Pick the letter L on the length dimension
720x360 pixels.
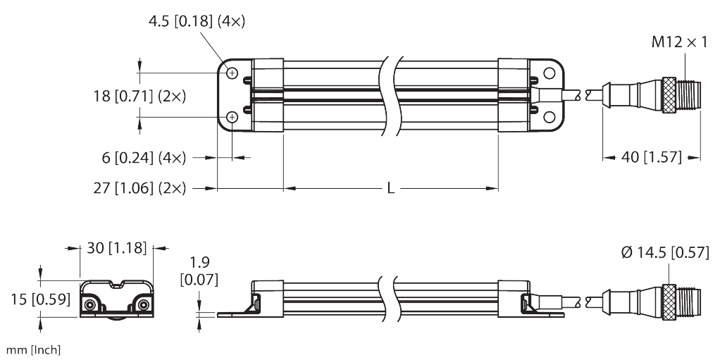point(390,188)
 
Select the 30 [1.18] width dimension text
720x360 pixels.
point(116,248)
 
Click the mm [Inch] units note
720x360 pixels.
point(32,349)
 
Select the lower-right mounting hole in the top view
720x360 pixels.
point(547,117)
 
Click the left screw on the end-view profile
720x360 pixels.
point(91,304)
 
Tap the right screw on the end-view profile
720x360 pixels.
point(142,304)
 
